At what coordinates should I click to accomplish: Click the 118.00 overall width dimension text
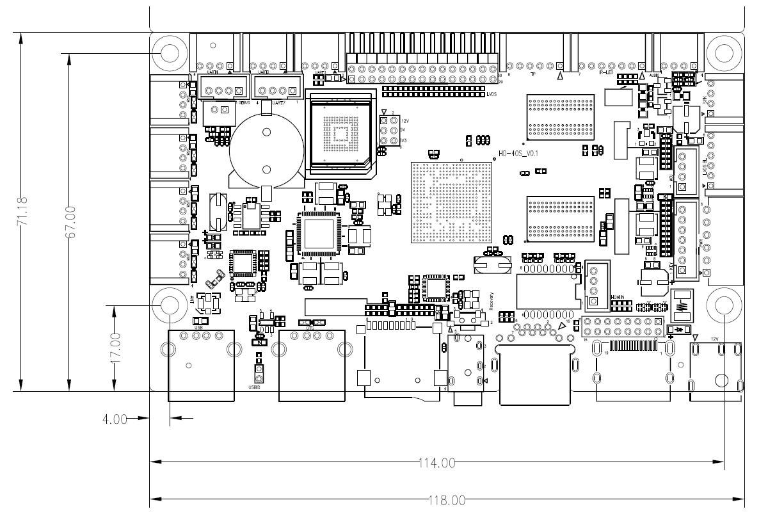(x=445, y=500)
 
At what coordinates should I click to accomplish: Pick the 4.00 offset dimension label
(x=115, y=420)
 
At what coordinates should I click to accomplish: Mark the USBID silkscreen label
(x=254, y=387)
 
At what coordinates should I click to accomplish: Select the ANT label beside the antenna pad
(x=191, y=299)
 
